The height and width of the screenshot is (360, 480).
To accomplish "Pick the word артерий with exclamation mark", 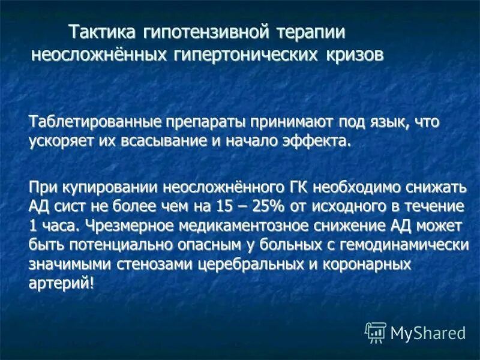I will pos(62,284).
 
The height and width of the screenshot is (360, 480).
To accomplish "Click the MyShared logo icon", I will pos(376,331).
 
